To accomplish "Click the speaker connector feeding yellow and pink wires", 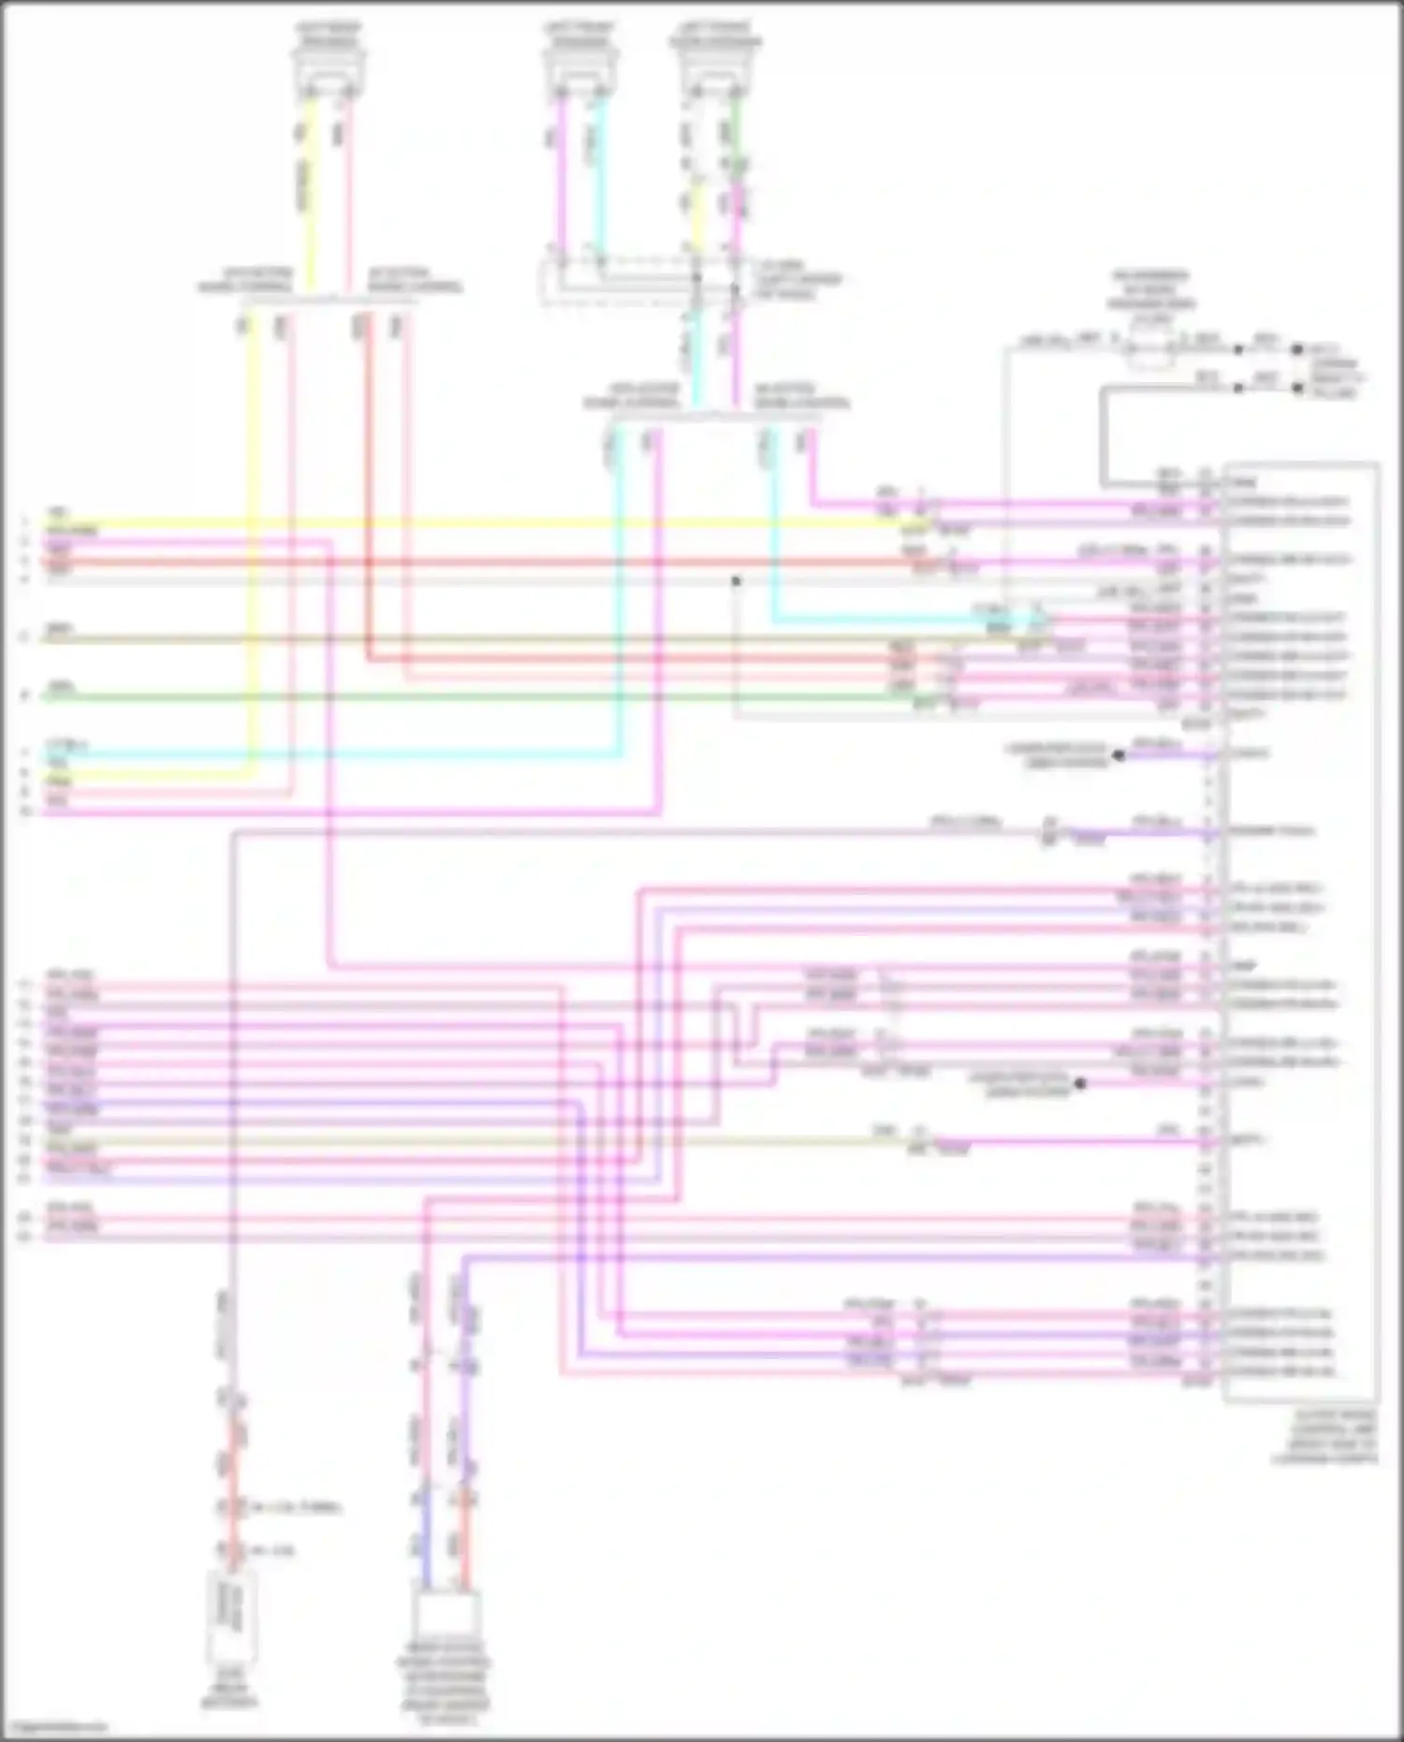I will (328, 69).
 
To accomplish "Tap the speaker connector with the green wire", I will (716, 70).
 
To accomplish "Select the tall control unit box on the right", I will (1301, 931).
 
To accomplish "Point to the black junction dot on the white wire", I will (737, 581).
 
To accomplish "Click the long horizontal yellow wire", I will (468, 523).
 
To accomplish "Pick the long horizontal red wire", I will (468, 563).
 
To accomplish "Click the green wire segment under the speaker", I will (737, 131).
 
